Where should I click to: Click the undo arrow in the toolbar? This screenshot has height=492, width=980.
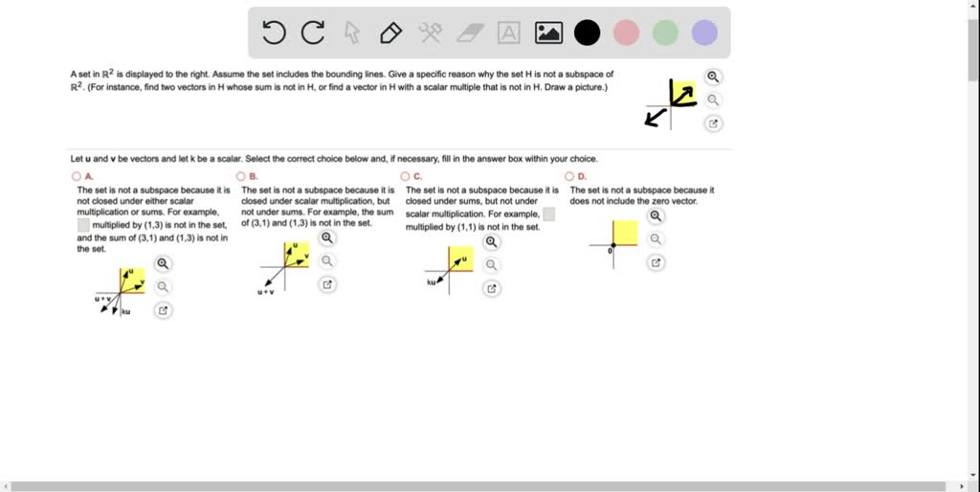[274, 34]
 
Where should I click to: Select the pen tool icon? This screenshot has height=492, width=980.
[390, 34]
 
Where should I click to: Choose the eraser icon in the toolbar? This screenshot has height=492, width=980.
[469, 34]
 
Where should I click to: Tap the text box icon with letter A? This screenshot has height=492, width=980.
[509, 34]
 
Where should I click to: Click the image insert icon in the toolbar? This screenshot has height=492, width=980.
[548, 34]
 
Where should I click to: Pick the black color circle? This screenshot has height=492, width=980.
[587, 34]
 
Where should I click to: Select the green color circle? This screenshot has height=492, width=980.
[665, 34]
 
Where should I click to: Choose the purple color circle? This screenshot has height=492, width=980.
[704, 34]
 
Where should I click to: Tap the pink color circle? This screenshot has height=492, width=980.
[626, 34]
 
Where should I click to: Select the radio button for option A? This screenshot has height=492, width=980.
[76, 177]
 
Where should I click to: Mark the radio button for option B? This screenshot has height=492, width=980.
[240, 177]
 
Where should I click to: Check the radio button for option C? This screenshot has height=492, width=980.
[405, 177]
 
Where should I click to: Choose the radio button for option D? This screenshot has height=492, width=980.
[569, 177]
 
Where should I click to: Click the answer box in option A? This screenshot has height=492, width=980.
[83, 226]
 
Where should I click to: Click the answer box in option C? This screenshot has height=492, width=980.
[548, 214]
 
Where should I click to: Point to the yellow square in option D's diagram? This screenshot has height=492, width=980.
[625, 233]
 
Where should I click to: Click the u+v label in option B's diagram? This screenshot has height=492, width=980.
[265, 291]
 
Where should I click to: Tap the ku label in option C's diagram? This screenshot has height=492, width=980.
[432, 282]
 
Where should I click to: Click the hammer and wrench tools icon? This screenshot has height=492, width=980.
[430, 34]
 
